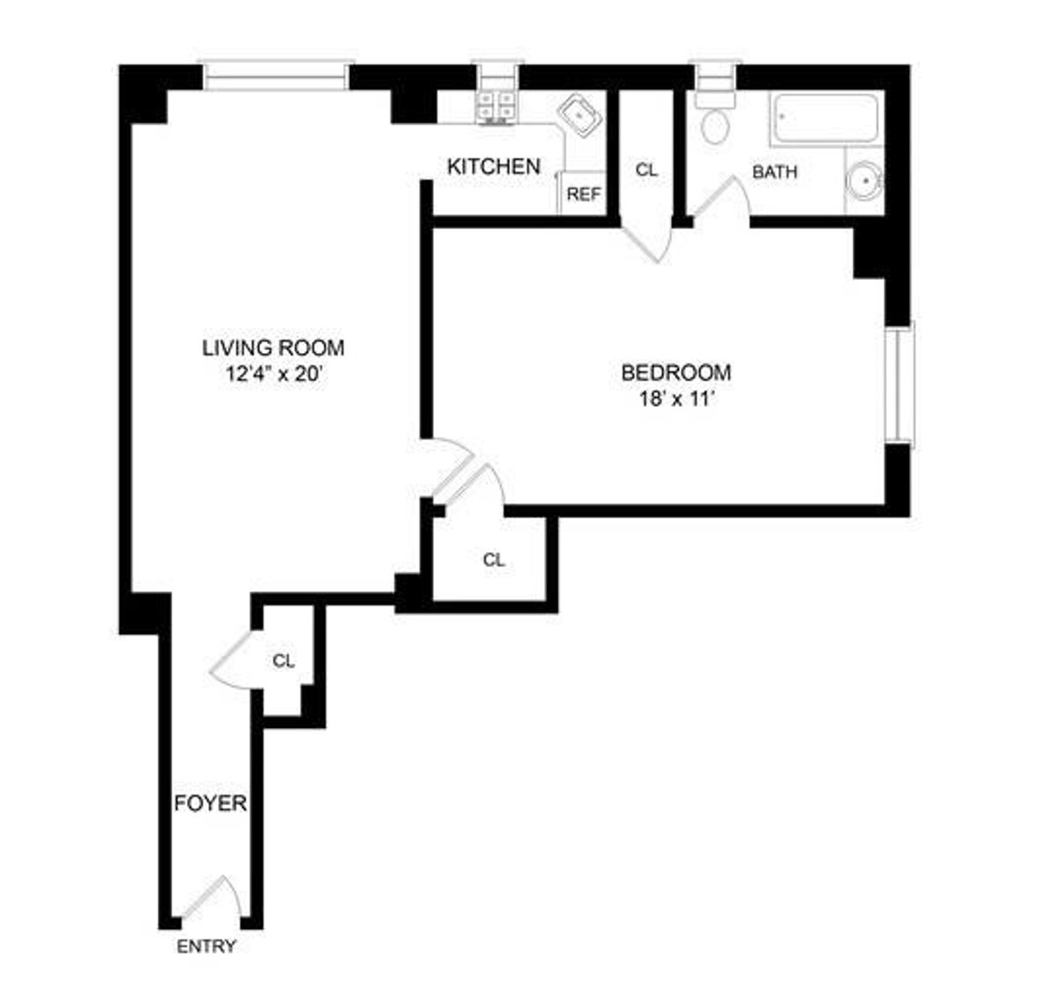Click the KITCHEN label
pos(494,166)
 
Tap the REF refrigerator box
pos(583,194)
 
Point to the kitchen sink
pos(578,116)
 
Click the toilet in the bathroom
pos(715,127)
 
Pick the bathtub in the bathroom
pos(826,119)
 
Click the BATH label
pos(774,172)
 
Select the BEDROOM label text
pos(676,372)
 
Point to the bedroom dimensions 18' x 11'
pos(676,399)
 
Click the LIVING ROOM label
pos(273,348)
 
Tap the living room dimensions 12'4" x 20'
pos(273,374)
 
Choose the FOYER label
pos(210,804)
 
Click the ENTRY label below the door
pos(207,947)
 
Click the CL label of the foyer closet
pos(283,660)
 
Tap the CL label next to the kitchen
pos(646,170)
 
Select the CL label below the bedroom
pos(495,559)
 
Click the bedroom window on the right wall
pos(902,383)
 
